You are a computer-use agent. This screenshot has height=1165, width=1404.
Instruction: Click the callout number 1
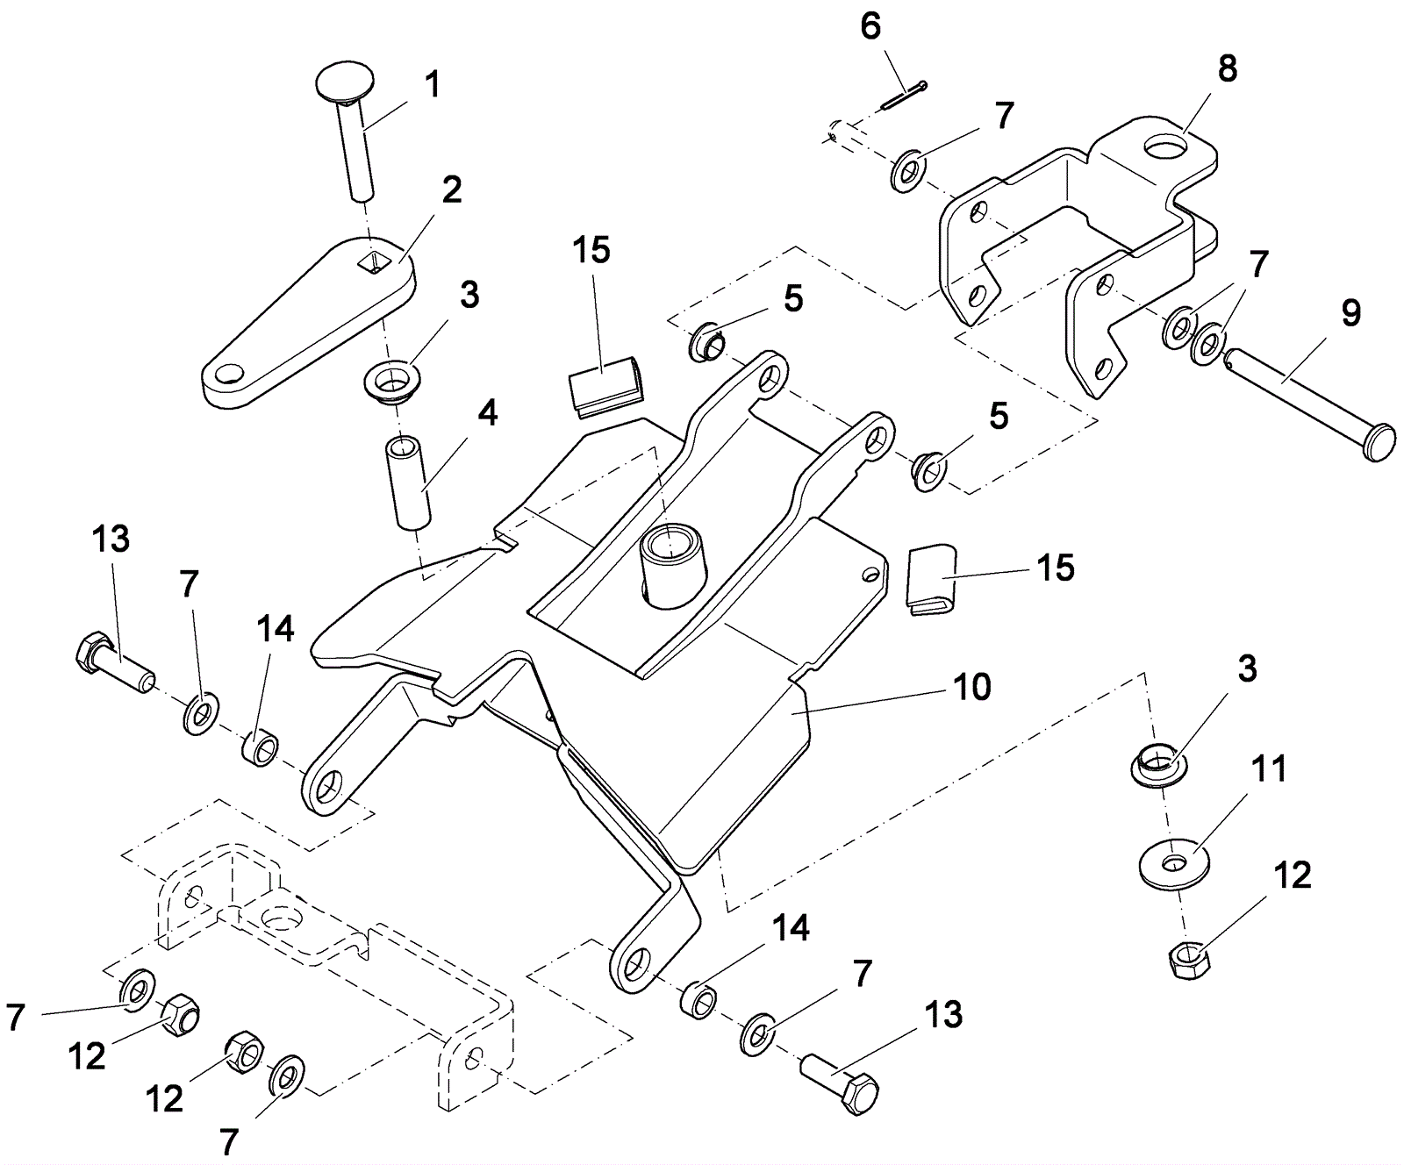(x=432, y=85)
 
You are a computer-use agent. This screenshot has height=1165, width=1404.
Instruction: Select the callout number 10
(x=971, y=687)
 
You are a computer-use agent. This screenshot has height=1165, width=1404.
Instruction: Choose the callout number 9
(x=1350, y=312)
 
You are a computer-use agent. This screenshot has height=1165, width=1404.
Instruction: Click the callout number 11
(x=1268, y=768)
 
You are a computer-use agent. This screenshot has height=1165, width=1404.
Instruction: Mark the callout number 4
(x=488, y=412)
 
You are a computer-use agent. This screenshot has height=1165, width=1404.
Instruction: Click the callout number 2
(x=451, y=189)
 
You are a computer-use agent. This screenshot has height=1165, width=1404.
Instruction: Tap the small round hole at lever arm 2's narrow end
(x=230, y=375)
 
